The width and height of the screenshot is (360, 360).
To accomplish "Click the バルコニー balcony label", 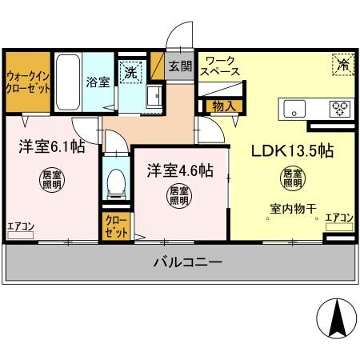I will click(x=182, y=262).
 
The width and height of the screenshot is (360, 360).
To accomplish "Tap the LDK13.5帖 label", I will click(x=294, y=150).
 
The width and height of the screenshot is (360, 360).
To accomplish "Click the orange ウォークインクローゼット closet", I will click(x=28, y=82).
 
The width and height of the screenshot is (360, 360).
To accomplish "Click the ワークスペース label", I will click(x=221, y=66).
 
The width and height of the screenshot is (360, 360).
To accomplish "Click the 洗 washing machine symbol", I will click(x=130, y=72).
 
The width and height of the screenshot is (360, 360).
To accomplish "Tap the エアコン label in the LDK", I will click(x=340, y=218).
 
